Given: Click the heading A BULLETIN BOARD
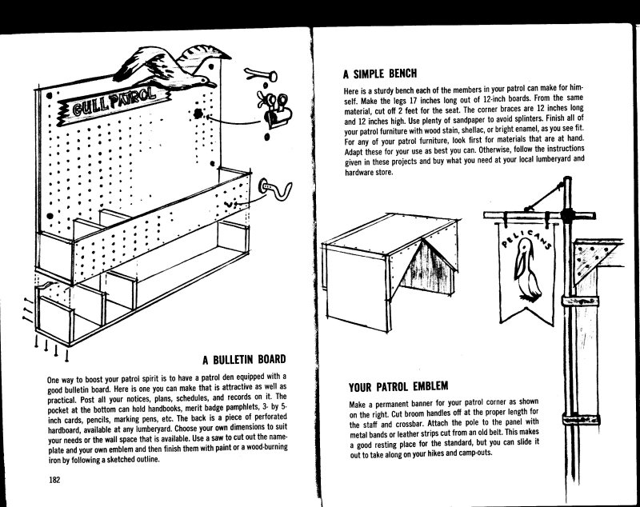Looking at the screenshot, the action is click(244, 360).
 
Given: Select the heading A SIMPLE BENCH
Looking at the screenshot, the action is click(380, 74).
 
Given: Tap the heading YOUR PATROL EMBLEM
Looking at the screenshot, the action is click(398, 386).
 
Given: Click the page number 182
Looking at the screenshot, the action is click(54, 480).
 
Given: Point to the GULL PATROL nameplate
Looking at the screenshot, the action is click(114, 103).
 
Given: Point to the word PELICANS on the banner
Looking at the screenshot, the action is click(526, 238).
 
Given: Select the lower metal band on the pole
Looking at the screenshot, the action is click(581, 419).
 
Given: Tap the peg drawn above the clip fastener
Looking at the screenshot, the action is click(262, 74).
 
